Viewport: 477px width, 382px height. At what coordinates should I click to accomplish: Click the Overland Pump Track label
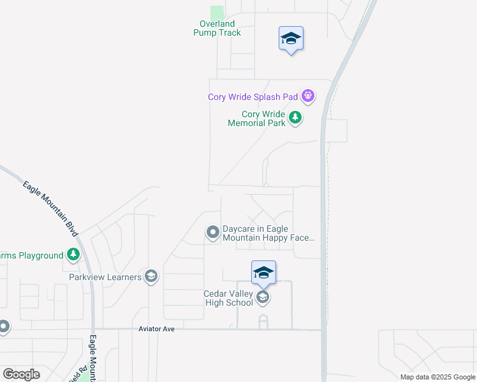coord(217,28)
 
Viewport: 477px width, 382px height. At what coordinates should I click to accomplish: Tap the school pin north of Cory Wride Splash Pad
coord(291,39)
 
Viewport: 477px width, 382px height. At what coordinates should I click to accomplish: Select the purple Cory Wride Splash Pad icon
coord(308,97)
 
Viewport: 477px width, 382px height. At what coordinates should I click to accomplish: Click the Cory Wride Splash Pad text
coord(253,97)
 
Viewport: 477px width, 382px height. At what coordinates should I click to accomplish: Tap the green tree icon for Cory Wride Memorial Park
coord(295,117)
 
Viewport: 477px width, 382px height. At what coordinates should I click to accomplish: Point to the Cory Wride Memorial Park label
coord(256,118)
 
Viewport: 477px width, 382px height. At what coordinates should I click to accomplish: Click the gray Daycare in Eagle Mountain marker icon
coord(212,233)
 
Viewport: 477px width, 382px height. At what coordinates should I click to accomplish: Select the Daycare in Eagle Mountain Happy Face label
coord(268,234)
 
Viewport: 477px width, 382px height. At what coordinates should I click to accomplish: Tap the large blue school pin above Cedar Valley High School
coord(263,274)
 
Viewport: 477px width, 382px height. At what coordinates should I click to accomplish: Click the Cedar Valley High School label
coord(228,298)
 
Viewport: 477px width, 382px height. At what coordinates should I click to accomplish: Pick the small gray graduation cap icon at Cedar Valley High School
coord(262,297)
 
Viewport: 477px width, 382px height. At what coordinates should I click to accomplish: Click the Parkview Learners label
coord(105,277)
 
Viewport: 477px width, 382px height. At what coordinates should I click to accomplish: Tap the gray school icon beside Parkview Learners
coord(151,276)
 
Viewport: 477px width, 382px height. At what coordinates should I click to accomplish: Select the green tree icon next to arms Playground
coord(74,255)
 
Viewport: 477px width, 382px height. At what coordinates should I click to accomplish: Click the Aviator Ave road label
coord(156,329)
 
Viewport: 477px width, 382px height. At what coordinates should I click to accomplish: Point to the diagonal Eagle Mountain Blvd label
coord(50,206)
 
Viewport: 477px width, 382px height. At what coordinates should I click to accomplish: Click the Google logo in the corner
coord(22,374)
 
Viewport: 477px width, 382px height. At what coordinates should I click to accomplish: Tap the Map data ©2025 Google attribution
coord(437,377)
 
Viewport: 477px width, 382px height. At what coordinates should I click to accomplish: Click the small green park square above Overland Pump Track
coord(217,13)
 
